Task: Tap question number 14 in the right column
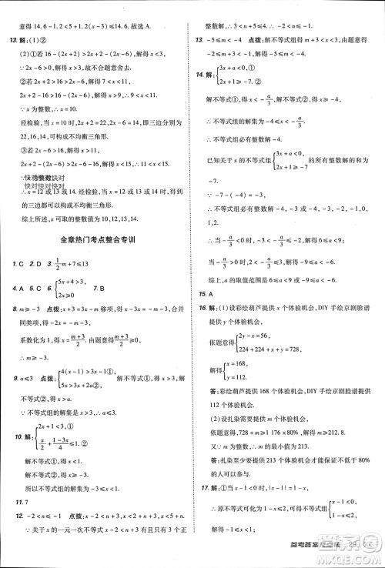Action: [202, 75]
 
